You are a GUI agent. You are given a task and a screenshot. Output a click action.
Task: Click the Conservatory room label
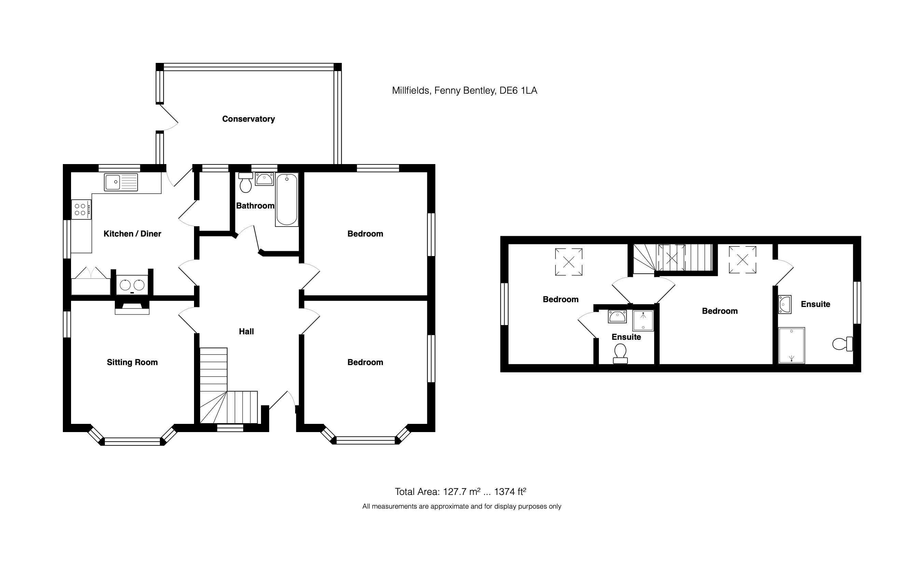click(248, 119)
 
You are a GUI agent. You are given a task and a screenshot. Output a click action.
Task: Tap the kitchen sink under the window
click(121, 182)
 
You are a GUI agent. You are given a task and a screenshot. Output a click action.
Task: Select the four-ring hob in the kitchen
click(81, 210)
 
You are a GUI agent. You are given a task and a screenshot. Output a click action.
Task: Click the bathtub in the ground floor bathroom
click(287, 200)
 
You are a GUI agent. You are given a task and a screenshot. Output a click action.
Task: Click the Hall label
click(246, 332)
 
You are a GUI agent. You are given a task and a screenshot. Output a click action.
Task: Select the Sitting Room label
click(132, 362)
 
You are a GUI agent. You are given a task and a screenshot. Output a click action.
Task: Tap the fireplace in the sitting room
click(132, 307)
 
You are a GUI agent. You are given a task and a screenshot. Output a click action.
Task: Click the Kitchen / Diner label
click(132, 233)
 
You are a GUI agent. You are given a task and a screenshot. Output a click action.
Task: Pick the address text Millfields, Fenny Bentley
click(464, 91)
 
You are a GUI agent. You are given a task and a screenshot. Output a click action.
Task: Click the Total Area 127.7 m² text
click(460, 492)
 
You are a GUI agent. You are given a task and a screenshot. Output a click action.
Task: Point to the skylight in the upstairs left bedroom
click(568, 262)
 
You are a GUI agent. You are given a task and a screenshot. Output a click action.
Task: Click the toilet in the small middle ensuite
click(620, 353)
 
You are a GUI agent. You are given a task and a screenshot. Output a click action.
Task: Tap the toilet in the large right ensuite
click(842, 344)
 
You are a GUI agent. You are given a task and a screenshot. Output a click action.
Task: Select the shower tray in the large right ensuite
click(791, 345)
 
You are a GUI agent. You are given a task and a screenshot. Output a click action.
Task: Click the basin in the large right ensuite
click(784, 305)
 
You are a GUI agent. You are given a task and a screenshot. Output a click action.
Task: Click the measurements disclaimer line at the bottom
click(461, 506)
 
